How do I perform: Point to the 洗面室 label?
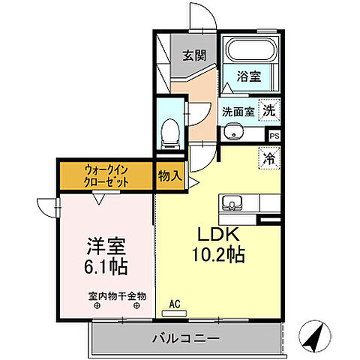pos(237,111)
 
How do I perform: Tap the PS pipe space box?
pos(274,136)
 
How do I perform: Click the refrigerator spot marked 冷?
pos(268,157)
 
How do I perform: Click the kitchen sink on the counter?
pos(231,202)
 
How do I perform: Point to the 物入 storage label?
pos(170,176)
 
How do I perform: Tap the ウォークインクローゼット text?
pos(106,175)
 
